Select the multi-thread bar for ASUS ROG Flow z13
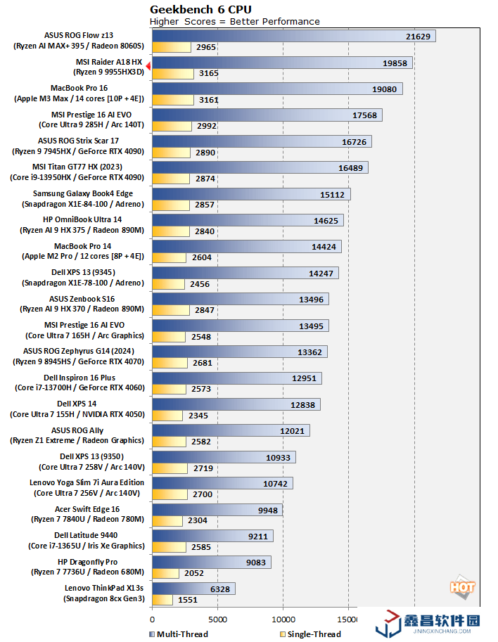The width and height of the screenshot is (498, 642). click(293, 36)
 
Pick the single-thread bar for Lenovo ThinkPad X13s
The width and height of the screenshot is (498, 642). click(162, 600)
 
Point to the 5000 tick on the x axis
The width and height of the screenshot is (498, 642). click(217, 619)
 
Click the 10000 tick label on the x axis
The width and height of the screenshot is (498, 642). click(283, 619)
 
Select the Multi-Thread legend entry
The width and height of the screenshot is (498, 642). click(179, 634)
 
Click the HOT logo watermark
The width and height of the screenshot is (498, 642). click(461, 588)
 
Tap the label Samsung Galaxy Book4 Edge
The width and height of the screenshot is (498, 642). click(82, 193)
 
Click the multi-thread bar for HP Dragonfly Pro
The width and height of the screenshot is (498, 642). click(211, 562)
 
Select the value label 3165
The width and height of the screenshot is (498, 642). click(208, 73)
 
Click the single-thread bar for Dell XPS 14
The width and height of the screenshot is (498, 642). click(167, 415)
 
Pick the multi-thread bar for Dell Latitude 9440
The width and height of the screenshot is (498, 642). click(212, 536)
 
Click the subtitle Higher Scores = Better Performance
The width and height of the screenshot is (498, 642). click(235, 21)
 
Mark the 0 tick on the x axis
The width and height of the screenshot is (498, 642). click(152, 619)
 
